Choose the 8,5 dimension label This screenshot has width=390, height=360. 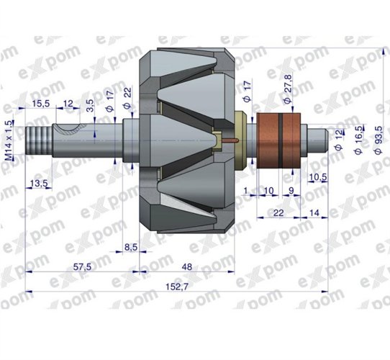click(131, 247)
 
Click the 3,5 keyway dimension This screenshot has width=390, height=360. click(90, 107)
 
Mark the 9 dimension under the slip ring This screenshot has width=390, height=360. click(291, 190)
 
